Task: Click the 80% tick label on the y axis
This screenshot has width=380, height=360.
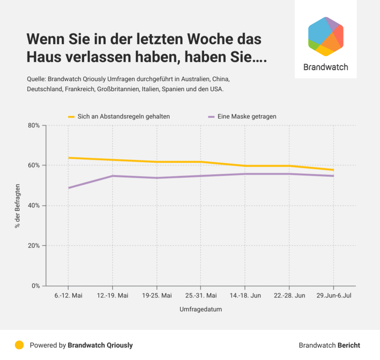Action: tap(34, 125)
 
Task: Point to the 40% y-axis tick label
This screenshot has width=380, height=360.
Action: tap(34, 206)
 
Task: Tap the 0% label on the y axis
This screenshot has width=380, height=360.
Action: tap(36, 286)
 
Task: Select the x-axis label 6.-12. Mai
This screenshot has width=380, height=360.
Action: tap(68, 296)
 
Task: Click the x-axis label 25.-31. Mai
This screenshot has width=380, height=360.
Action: tap(201, 296)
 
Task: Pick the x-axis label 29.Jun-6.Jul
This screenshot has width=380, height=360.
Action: tap(333, 296)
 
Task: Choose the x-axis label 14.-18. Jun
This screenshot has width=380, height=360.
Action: tap(245, 296)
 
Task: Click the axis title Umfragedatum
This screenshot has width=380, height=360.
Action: tap(201, 309)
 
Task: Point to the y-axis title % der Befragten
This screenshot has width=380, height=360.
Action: tap(18, 206)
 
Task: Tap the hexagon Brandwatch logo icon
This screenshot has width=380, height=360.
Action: tap(326, 36)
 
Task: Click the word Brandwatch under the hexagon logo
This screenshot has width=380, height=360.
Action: tap(326, 67)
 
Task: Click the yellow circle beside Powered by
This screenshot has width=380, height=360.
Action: tap(19, 345)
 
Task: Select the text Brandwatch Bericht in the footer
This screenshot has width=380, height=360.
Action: tap(329, 345)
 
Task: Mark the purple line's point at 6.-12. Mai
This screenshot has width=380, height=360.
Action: tap(69, 188)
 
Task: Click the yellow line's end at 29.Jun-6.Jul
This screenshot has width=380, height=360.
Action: tap(333, 170)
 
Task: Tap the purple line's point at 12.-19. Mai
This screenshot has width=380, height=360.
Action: tap(113, 176)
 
